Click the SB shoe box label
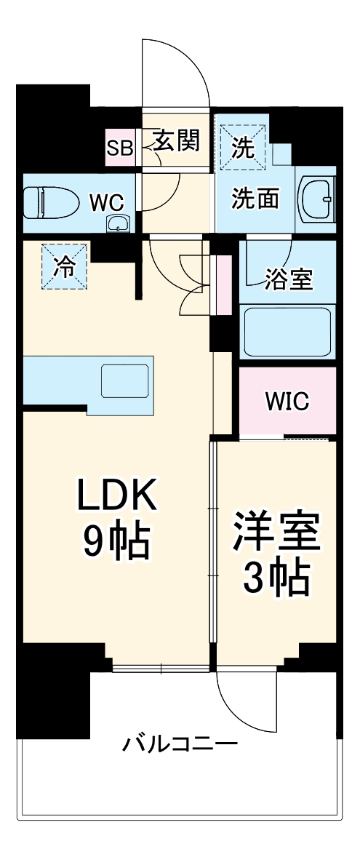coord(119,148)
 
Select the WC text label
coord(106,202)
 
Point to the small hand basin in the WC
coord(116,223)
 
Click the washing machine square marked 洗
coord(244,148)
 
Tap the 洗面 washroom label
coord(255,199)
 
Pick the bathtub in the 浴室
coord(288,331)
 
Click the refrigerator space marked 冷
coord(65,267)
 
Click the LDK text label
coord(116,498)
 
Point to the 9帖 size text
coord(116,542)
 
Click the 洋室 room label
coord(276,535)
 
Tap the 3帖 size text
coord(276,578)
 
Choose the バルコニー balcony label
coord(179,744)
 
